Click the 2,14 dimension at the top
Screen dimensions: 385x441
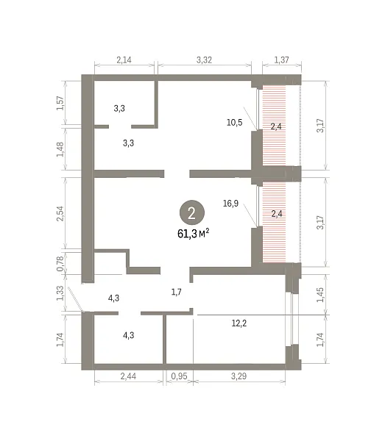124,60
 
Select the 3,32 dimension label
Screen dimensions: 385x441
204,60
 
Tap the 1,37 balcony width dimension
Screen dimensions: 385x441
281,60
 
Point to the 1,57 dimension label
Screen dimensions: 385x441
60,103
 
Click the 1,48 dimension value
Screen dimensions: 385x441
60,149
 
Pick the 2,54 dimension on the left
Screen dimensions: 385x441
60,214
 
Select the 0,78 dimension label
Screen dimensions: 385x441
60,264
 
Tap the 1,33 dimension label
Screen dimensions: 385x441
60,293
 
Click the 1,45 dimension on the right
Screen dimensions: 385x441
320,295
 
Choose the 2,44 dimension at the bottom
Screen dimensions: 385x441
128,376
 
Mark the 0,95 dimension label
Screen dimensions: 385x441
179,376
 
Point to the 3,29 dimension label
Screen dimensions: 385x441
239,376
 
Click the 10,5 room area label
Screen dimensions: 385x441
235,122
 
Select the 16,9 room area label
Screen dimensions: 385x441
230,203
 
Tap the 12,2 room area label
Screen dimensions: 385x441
239,323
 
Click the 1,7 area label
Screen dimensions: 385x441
177,292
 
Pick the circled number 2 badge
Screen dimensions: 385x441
192,212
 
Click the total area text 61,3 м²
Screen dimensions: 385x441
193,234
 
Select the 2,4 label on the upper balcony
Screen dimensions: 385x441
276,126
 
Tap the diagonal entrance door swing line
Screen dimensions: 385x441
75,299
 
